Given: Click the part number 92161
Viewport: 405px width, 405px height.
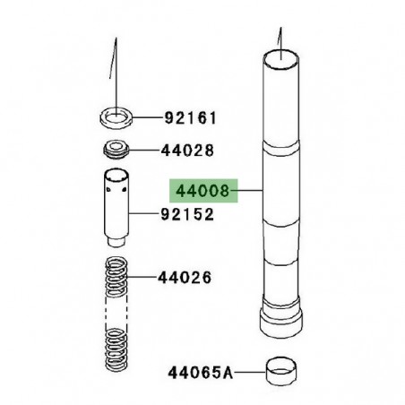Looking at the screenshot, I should tap(189, 117).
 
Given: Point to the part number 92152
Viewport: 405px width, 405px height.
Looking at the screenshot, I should tap(188, 215).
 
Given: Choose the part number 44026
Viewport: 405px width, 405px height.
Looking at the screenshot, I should tap(187, 278).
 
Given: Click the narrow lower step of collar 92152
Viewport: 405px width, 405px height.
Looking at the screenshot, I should tap(114, 241).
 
